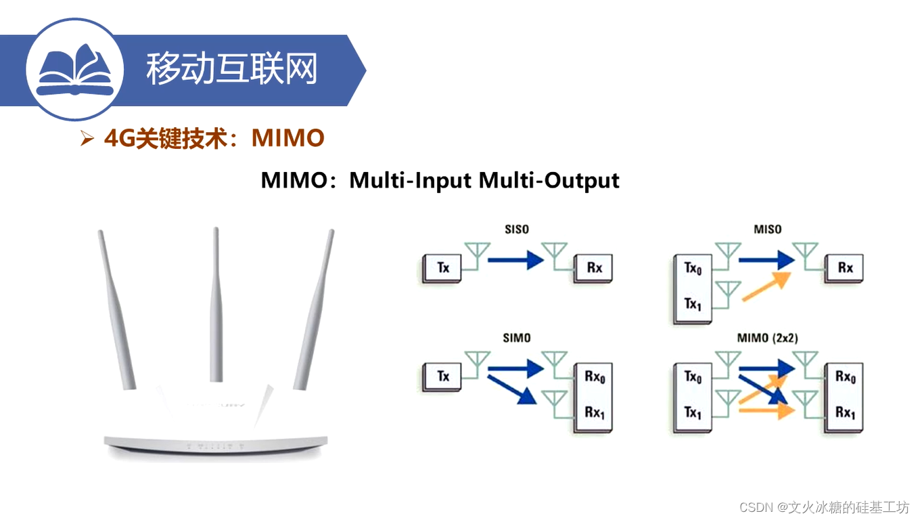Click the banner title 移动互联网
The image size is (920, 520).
click(x=231, y=69)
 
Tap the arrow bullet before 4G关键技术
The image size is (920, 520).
click(x=87, y=139)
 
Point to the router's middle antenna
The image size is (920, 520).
click(x=216, y=305)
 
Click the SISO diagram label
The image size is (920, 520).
click(x=517, y=230)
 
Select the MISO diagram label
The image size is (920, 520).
click(x=767, y=230)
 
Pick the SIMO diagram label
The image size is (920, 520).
click(x=517, y=338)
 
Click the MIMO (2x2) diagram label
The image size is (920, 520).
click(x=767, y=338)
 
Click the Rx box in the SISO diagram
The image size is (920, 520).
click(x=594, y=268)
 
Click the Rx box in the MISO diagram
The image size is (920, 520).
click(x=845, y=268)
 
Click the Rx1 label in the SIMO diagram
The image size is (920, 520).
click(x=594, y=412)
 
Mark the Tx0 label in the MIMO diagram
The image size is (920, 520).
click(x=693, y=376)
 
